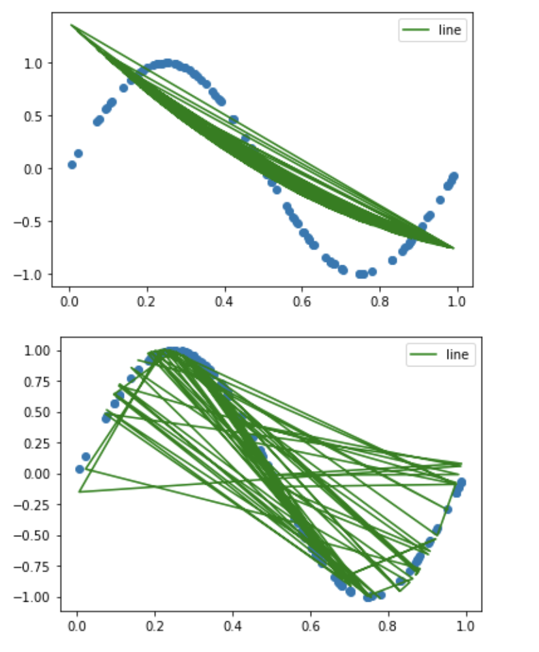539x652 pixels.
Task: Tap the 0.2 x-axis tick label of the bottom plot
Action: tap(155, 625)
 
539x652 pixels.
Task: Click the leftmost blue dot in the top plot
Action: tap(72, 165)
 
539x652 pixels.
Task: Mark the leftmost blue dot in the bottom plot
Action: tap(80, 469)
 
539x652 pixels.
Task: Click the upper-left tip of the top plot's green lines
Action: tap(70, 25)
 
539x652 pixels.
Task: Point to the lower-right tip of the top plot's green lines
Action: tap(454, 248)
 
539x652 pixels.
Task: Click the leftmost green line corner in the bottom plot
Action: tap(79, 491)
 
